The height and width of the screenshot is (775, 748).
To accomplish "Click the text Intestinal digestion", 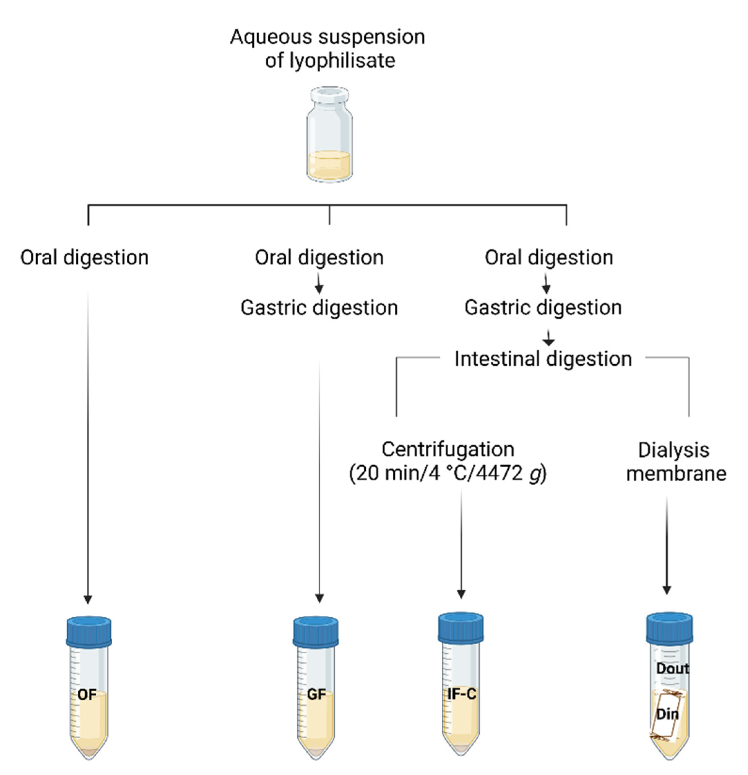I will tap(543, 359).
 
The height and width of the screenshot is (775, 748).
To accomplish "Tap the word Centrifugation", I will tap(448, 449).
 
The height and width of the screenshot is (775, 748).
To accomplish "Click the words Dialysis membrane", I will tap(676, 462).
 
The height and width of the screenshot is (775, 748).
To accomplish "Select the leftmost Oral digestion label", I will tap(85, 258).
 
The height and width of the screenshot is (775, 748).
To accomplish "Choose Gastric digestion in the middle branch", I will tap(319, 308).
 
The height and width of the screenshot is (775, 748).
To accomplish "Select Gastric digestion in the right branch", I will tap(543, 307).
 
